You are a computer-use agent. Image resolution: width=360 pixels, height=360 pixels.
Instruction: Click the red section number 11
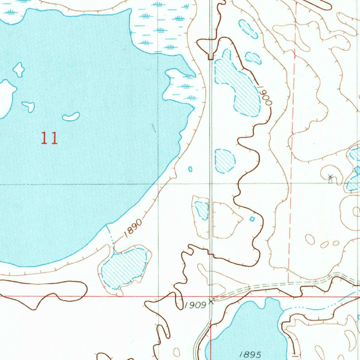click(x=49, y=138)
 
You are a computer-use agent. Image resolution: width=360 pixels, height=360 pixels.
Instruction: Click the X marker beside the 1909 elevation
click(x=211, y=301)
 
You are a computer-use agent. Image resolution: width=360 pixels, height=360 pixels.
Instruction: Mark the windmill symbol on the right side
click(x=330, y=178)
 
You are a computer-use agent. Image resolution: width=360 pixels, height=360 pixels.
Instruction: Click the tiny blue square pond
click(x=252, y=219)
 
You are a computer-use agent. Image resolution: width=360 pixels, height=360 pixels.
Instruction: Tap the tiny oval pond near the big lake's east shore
click(x=190, y=169)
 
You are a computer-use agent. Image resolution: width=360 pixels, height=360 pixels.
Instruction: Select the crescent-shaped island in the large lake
click(x=71, y=116)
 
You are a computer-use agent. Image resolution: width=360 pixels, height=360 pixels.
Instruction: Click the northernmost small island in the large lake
click(x=19, y=69)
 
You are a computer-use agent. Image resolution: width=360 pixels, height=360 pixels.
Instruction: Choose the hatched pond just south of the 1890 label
click(x=124, y=267)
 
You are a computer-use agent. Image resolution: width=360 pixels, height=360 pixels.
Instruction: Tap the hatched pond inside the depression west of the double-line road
click(x=202, y=210)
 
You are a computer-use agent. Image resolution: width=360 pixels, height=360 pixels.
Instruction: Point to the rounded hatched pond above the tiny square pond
click(x=225, y=161)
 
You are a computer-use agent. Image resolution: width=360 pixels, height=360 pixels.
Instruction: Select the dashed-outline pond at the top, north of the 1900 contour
click(x=248, y=29)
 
